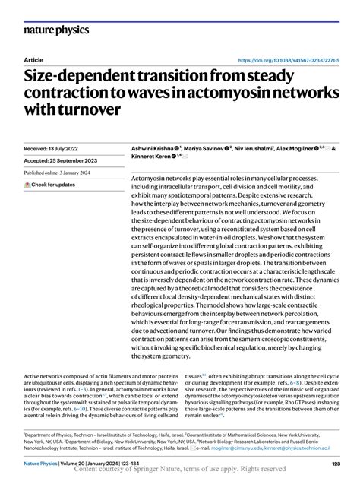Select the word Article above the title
coord(33,59)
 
